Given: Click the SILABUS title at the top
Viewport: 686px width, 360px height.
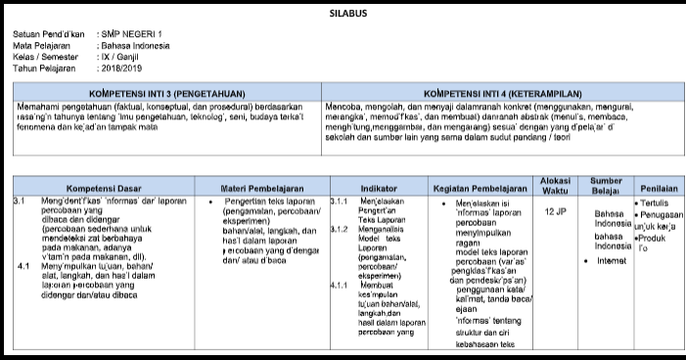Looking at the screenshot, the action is pyautogui.click(x=343, y=14).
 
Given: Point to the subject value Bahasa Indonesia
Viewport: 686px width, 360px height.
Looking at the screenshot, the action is pyautogui.click(x=135, y=45).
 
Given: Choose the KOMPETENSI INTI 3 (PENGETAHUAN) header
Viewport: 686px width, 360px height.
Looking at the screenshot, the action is pyautogui.click(x=167, y=90).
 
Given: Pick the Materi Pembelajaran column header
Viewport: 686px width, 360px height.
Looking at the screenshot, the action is pyautogui.click(x=259, y=187).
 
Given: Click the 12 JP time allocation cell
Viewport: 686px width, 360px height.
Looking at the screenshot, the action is pyautogui.click(x=555, y=210).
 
